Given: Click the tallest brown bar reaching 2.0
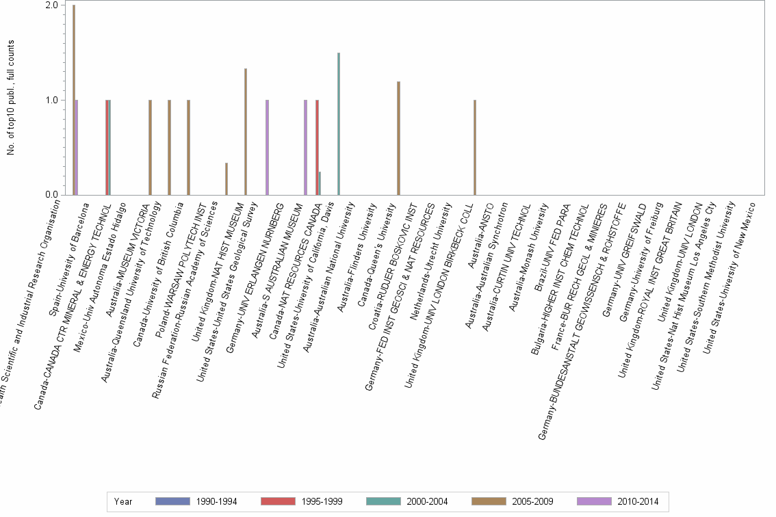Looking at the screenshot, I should (74, 100).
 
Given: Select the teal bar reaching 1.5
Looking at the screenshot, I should (339, 124).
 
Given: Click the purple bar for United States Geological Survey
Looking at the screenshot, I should (267, 148).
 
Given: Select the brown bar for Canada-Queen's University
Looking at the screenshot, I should (398, 138).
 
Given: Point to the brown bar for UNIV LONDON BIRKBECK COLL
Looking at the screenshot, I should (474, 148).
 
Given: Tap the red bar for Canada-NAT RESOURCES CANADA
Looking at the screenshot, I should (317, 148).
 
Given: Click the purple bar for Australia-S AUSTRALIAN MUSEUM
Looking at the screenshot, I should (305, 148).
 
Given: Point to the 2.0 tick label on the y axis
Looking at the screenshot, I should (51, 5).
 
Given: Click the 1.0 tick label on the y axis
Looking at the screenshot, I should (51, 101).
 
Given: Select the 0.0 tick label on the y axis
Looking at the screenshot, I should (51, 195).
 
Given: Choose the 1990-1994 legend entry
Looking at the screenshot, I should (196, 502).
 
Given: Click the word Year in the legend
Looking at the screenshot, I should (123, 502).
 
